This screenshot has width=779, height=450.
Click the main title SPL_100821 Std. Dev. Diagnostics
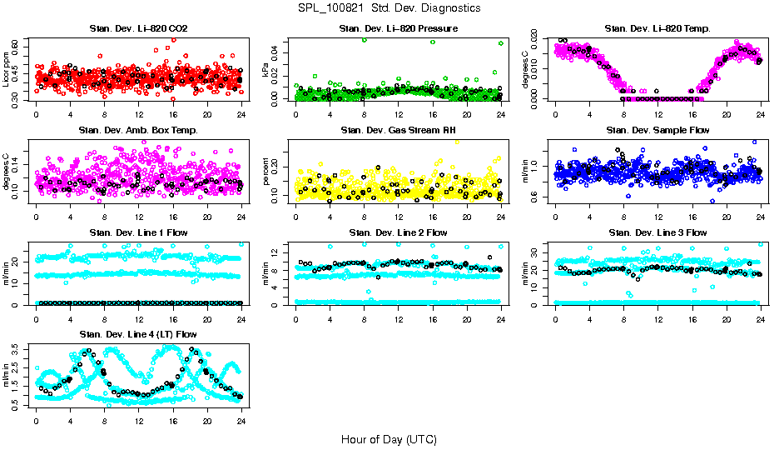pyautogui.click(x=389, y=7)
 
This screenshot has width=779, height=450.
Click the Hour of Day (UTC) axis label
pyautogui.click(x=389, y=438)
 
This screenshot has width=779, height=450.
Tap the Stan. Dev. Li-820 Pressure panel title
pyautogui.click(x=398, y=29)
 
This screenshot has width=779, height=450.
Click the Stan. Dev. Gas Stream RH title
pyautogui.click(x=398, y=131)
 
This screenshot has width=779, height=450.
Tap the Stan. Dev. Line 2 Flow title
pyautogui.click(x=398, y=232)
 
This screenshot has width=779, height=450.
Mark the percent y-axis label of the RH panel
pyautogui.click(x=266, y=173)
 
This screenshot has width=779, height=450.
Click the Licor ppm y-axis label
pyautogui.click(x=7, y=70)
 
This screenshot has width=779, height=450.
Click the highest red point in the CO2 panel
pyautogui.click(x=173, y=39)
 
